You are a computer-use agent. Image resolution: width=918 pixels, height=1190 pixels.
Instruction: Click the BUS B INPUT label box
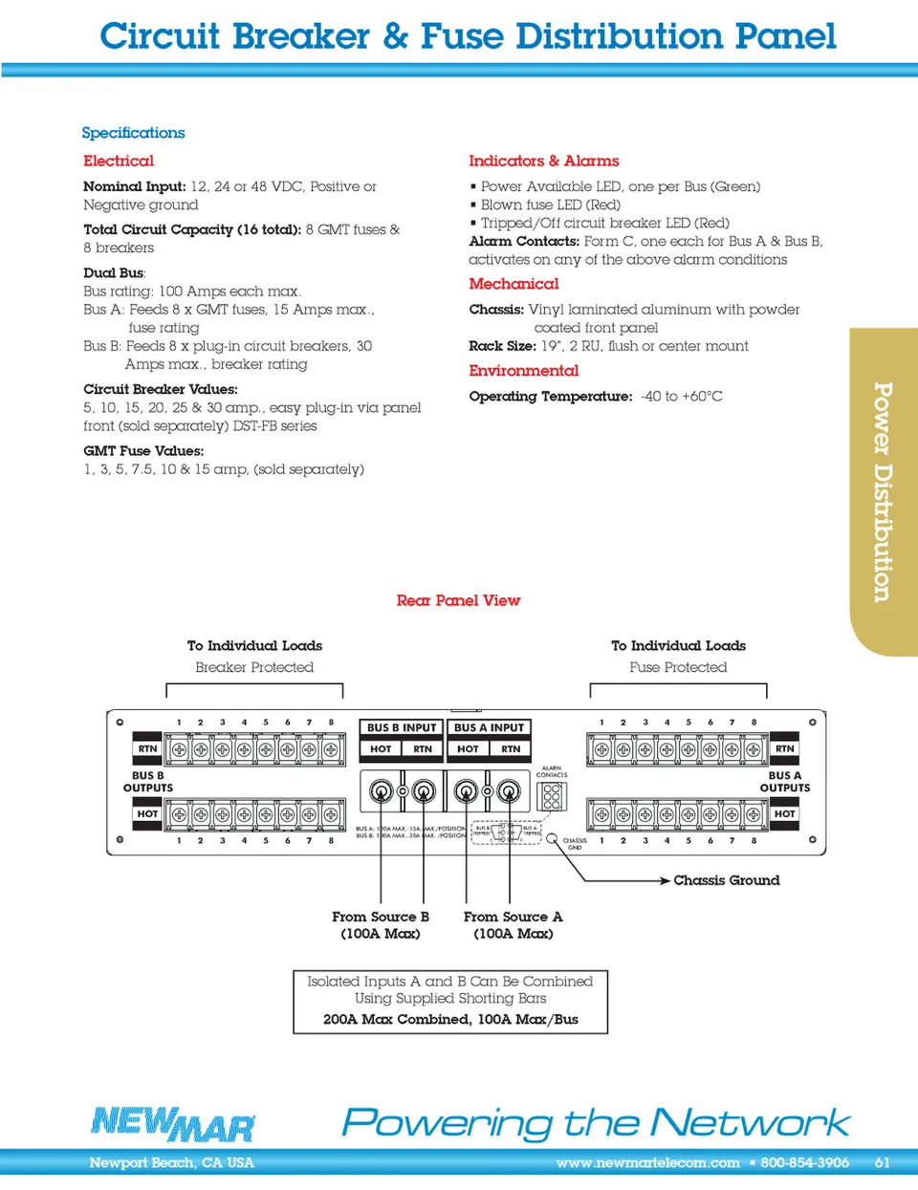[x=401, y=727]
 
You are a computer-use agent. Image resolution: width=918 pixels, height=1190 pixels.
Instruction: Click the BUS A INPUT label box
[x=489, y=727]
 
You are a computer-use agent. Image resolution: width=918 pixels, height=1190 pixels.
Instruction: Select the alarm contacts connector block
[x=552, y=796]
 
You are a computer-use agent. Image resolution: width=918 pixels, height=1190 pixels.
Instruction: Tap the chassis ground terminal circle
[x=552, y=838]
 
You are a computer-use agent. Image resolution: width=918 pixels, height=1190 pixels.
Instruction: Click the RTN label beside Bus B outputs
[x=147, y=748]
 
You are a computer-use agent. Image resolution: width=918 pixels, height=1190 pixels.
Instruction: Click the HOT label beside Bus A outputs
[x=784, y=813]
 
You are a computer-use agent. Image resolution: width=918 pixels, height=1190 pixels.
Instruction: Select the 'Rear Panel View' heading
[x=458, y=600]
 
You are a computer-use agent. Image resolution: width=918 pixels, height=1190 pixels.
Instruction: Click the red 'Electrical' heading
[x=119, y=161]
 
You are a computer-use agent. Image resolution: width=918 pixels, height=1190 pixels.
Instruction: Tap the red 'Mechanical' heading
[x=514, y=284]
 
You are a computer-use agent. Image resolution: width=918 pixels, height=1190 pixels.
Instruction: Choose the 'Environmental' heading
[x=523, y=371]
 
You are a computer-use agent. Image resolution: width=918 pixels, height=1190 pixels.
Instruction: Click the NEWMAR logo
[x=173, y=1123]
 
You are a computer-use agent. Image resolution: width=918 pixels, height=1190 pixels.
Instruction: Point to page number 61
[x=882, y=1163]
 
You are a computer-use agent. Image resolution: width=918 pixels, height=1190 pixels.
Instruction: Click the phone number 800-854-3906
[x=804, y=1163]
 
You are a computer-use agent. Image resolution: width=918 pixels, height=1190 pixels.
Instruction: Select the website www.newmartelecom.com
[x=647, y=1163]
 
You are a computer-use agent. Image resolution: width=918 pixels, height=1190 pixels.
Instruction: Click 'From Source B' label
[x=381, y=917]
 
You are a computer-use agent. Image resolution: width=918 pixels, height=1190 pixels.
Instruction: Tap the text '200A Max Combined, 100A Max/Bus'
[x=450, y=1019]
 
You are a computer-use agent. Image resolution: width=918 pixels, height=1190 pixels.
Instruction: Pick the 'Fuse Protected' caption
[x=678, y=667]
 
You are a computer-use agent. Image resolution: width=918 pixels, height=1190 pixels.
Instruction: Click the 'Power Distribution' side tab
[x=883, y=491]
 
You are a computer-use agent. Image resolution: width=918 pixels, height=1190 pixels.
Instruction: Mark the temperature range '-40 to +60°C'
[x=682, y=397]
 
